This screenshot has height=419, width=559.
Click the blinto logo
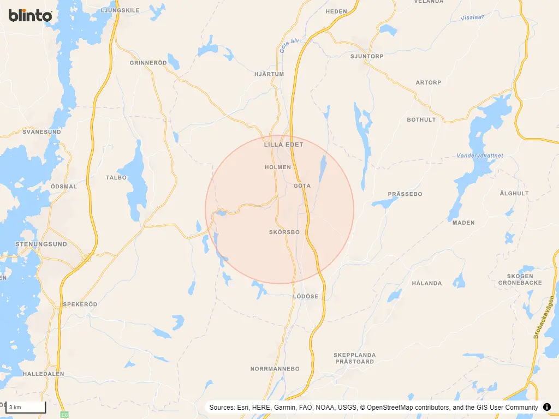pos(30,15)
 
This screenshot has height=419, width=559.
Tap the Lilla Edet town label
pos(283,145)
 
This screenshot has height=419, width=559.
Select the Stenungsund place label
pos(41,244)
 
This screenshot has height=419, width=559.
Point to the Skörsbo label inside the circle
pos(284,232)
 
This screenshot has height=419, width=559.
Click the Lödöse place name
pos(305,296)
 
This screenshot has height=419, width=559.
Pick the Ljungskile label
pos(121,10)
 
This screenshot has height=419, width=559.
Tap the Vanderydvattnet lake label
pos(480,155)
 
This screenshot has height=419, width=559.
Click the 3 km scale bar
pos(26,407)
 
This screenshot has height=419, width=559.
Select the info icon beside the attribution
pos(547,407)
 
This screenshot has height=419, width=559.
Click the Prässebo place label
pos(405,194)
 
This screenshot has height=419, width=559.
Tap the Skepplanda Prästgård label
pos(354,358)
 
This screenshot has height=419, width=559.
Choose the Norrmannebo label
pos(275,369)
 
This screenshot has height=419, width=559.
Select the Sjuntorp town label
pos(367,56)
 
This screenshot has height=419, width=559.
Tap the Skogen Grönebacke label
pos(520,279)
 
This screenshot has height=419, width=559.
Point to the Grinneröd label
pos(148,63)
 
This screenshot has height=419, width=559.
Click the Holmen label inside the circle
pos(278,167)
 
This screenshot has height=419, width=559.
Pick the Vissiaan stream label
pos(473,17)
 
